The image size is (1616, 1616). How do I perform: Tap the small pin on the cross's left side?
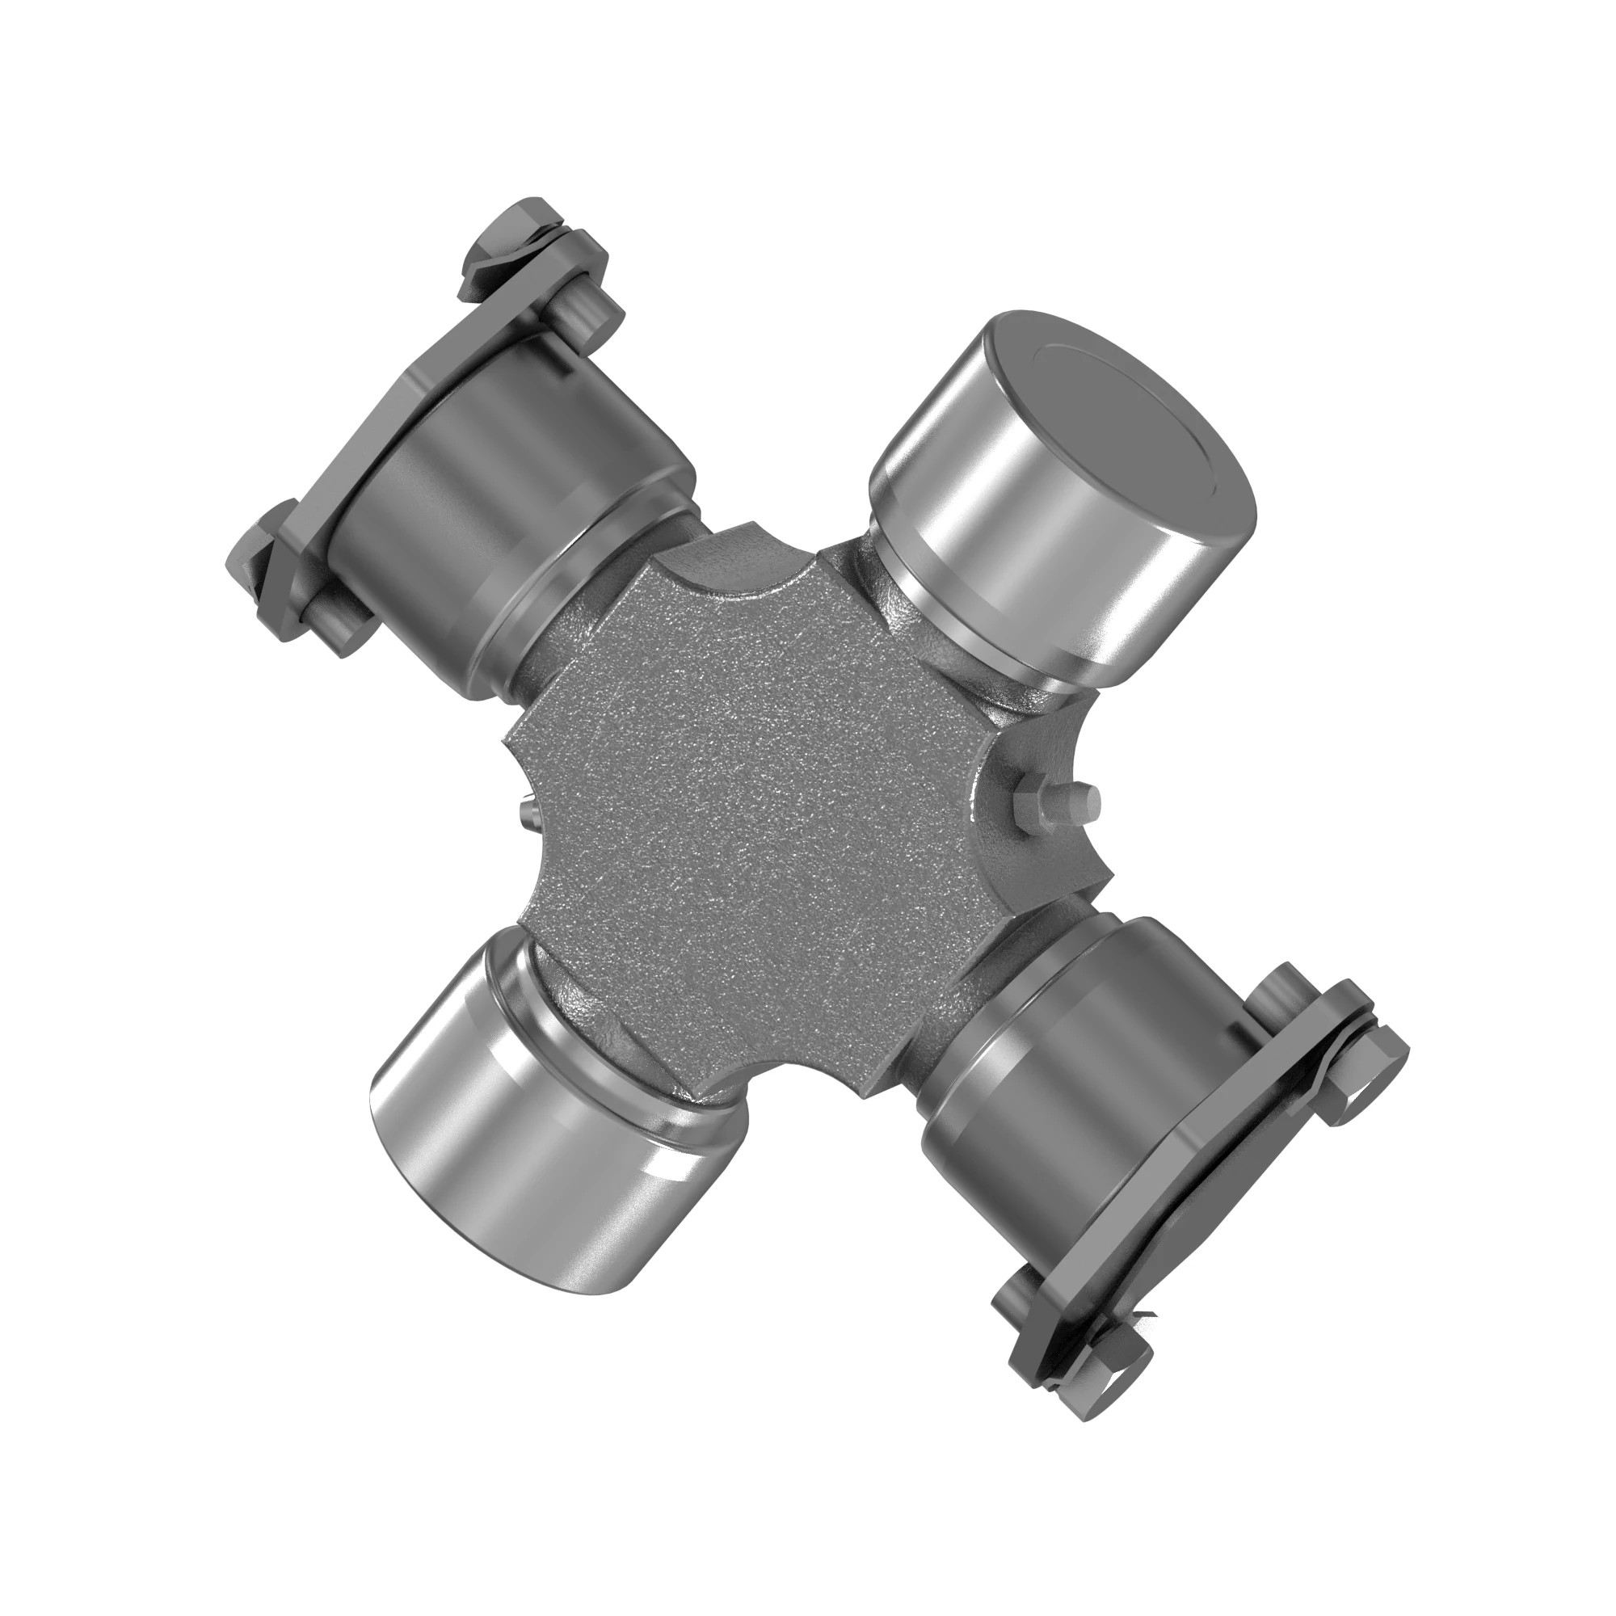[525, 810]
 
